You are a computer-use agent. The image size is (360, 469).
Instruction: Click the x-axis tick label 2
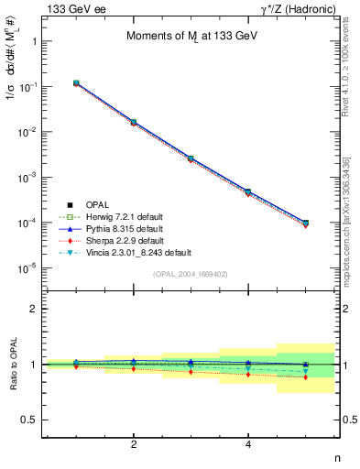point(134,445)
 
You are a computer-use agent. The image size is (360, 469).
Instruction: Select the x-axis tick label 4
point(248,445)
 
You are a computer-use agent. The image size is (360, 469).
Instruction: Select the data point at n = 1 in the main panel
point(76,83)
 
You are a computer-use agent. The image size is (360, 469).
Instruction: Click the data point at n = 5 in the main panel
point(305,223)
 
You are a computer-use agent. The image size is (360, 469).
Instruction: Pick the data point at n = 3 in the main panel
point(191,158)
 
